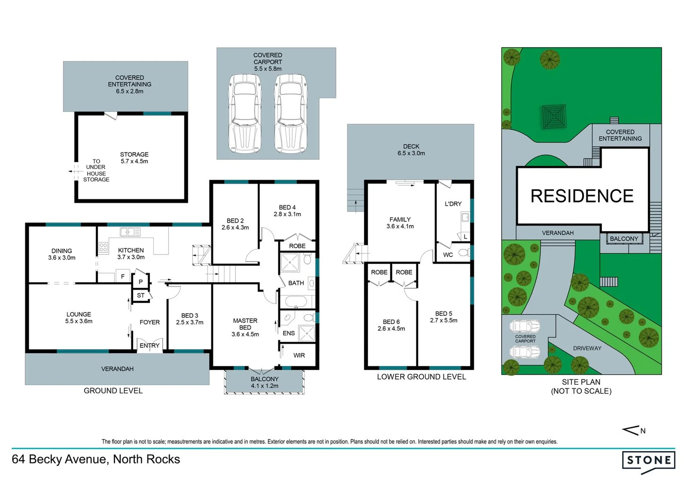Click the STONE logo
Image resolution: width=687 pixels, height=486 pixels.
[648, 461]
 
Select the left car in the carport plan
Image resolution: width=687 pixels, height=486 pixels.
[245, 113]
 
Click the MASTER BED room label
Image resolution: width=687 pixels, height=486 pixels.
[245, 324]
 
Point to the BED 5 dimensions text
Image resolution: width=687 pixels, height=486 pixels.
[443, 320]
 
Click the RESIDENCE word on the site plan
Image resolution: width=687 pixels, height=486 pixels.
[582, 196]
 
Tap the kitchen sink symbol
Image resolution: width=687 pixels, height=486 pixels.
[130, 232]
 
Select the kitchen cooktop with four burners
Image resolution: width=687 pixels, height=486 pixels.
[103, 247]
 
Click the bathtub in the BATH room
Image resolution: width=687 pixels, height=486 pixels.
[296, 301]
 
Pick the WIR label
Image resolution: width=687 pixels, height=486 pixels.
[299, 355]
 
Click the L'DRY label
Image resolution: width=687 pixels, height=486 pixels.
[453, 204]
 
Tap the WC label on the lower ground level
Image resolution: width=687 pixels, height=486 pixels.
[448, 255]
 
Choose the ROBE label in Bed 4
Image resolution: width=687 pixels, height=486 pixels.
[297, 246]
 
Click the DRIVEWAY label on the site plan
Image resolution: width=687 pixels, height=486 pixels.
[587, 348]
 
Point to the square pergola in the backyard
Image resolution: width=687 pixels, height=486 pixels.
[553, 117]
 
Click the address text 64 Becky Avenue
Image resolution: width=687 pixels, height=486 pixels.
[96, 459]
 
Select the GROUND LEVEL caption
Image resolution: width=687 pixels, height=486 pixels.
[113, 391]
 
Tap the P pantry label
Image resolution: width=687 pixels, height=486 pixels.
[141, 282]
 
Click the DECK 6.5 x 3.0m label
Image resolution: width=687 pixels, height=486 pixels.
[411, 150]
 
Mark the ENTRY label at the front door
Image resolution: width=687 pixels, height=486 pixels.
[149, 345]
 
